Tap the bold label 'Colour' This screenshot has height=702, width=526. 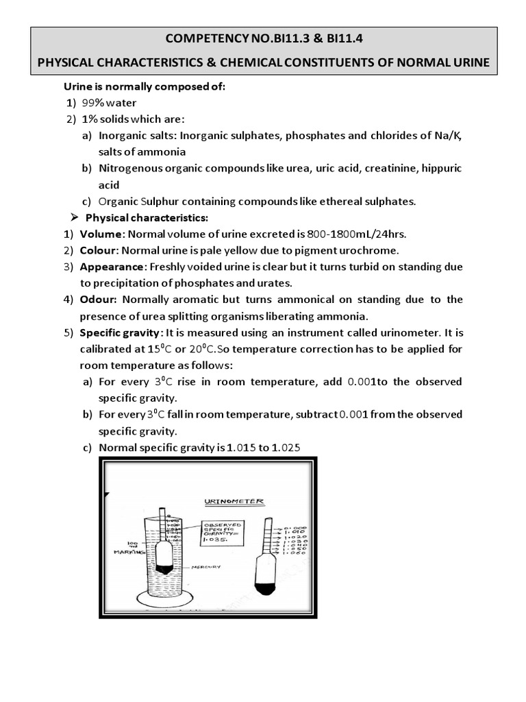coord(99,250)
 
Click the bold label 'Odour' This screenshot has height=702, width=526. coord(99,300)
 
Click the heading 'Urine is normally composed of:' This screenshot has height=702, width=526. coord(144,86)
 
